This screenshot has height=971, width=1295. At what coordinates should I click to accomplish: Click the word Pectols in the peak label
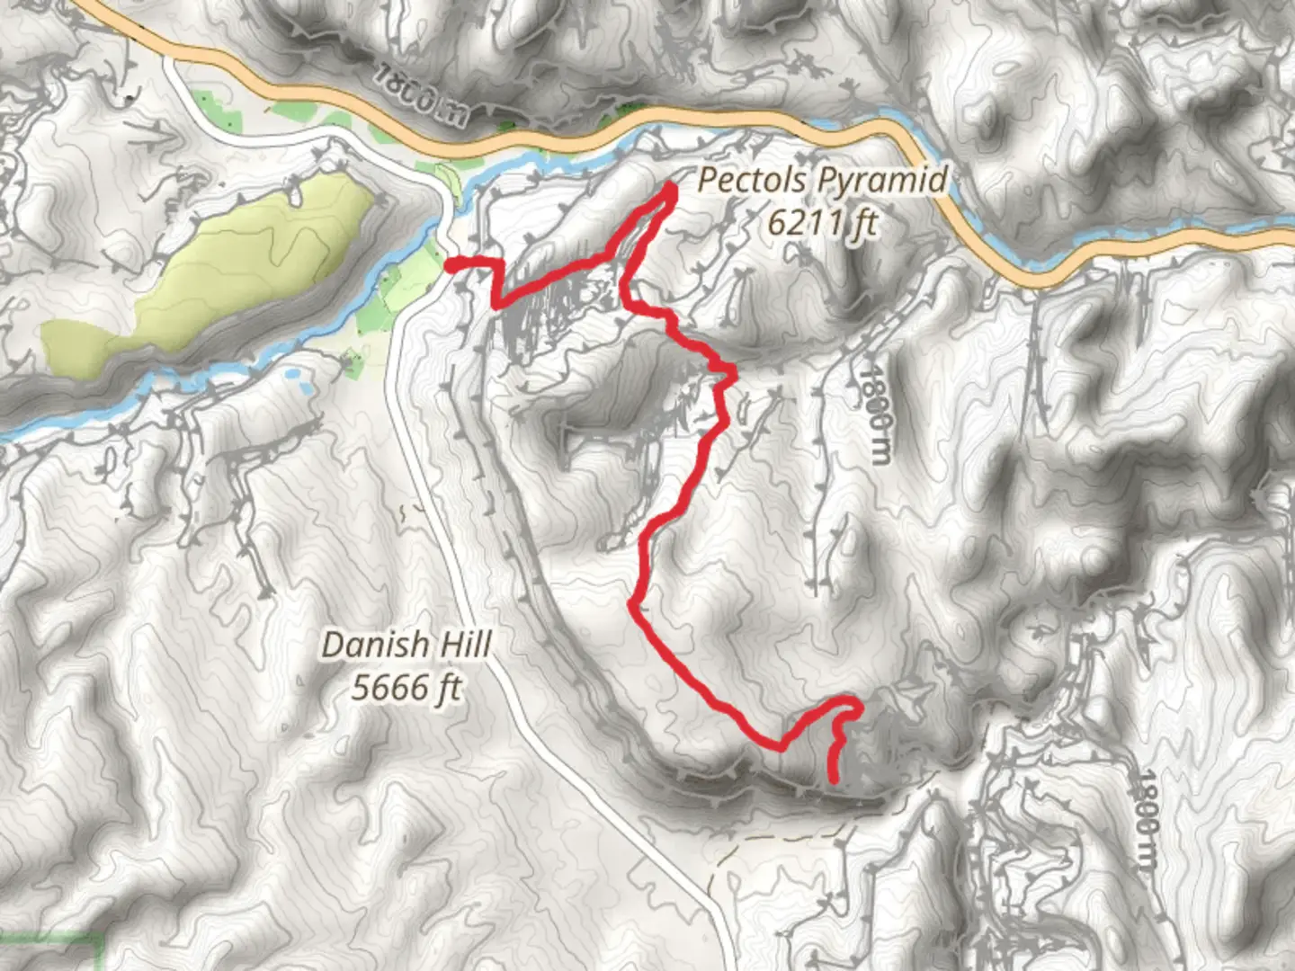pyautogui.click(x=750, y=180)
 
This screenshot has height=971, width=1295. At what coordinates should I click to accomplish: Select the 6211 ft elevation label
pyautogui.click(x=821, y=222)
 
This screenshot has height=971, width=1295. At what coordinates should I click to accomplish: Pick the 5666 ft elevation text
pyautogui.click(x=406, y=689)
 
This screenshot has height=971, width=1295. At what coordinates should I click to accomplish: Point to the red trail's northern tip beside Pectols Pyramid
pyautogui.click(x=671, y=188)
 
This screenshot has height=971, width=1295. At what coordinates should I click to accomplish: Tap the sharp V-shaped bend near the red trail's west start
pyautogui.click(x=496, y=303)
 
